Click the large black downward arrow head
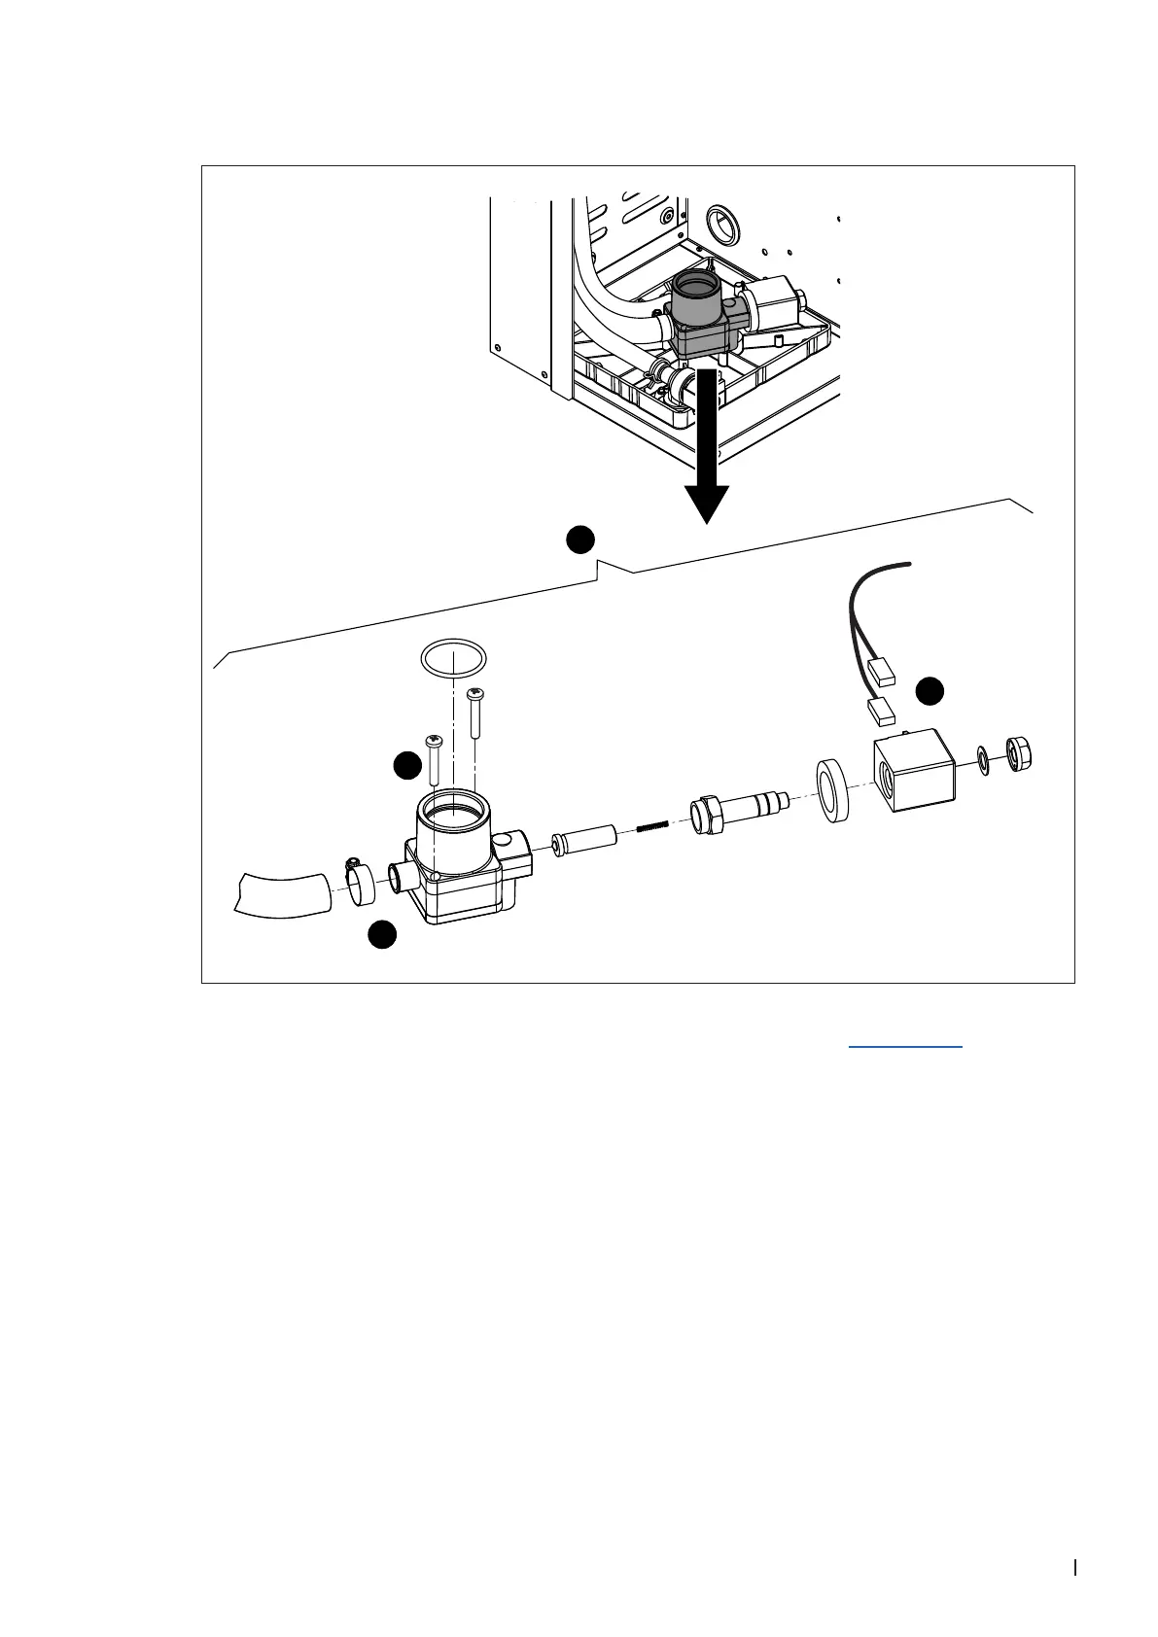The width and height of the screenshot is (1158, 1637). tap(707, 501)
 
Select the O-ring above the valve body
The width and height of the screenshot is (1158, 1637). tap(453, 658)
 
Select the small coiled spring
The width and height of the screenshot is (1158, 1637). tap(654, 827)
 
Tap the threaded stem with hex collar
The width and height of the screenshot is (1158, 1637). tap(739, 809)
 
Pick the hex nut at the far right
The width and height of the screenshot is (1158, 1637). tap(1020, 752)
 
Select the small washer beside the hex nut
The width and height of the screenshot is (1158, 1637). tap(984, 758)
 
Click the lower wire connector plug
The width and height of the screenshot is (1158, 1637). tap(880, 712)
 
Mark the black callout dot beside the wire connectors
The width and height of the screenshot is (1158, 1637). tap(930, 691)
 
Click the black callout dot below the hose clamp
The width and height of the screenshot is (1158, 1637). tap(381, 934)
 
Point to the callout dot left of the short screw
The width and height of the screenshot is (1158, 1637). tap(406, 766)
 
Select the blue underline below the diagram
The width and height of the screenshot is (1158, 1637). tap(905, 1046)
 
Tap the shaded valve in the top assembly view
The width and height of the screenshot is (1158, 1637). tap(702, 316)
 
